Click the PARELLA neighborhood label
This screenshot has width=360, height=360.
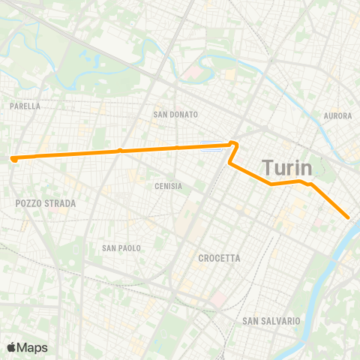(x=25, y=106)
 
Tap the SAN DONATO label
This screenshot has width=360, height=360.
(x=175, y=115)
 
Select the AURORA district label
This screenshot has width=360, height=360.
(x=337, y=115)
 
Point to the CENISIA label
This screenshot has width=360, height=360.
(x=169, y=186)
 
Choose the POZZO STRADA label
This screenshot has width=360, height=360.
(x=45, y=203)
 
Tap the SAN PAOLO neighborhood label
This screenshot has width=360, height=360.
(x=121, y=247)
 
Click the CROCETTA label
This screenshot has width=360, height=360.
(x=219, y=258)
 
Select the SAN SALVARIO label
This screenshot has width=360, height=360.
(x=271, y=321)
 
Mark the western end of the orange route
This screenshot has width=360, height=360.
(x=13, y=158)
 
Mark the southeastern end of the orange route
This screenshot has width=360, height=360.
(x=349, y=217)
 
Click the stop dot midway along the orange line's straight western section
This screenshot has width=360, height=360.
(x=120, y=151)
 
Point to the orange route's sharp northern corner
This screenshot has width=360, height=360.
(x=235, y=142)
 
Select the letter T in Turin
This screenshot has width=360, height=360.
(x=267, y=166)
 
